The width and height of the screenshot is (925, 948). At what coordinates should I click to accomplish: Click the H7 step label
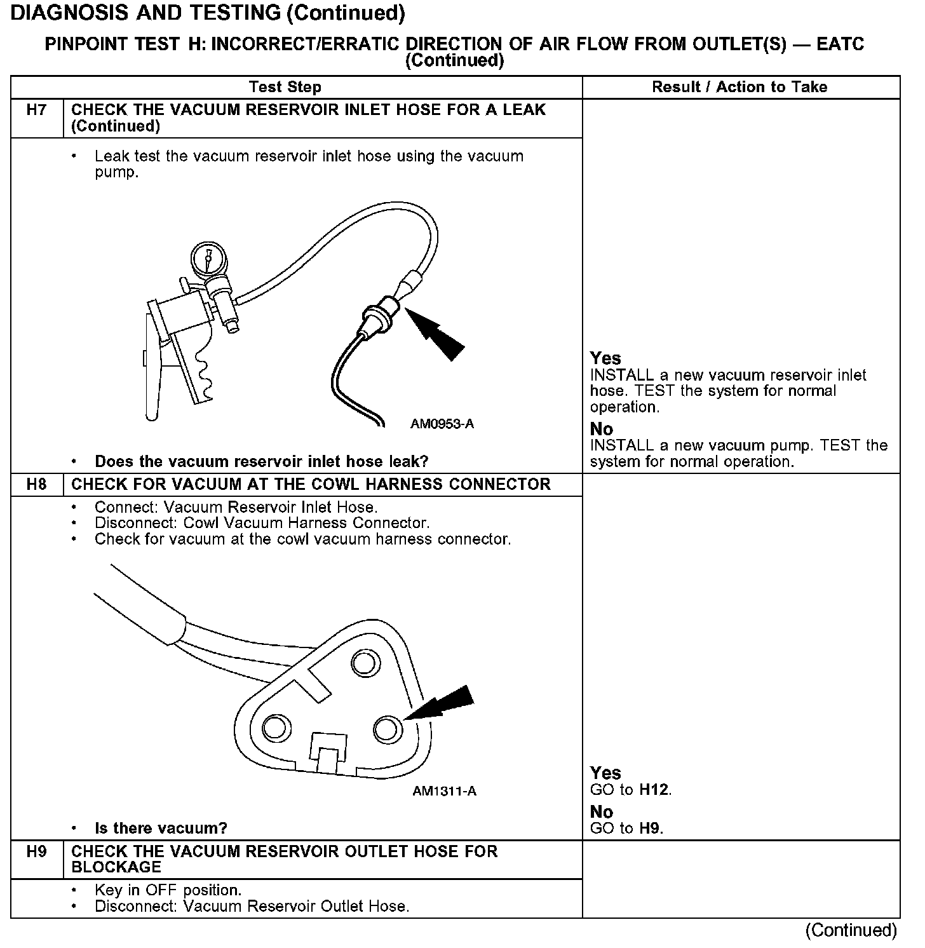click(x=37, y=110)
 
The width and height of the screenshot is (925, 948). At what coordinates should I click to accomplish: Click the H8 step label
click(x=37, y=485)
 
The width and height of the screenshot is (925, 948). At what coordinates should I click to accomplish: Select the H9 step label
click(x=37, y=851)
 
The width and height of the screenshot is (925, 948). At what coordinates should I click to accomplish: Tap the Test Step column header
click(x=285, y=87)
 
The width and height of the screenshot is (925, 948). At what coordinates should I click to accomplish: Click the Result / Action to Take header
click(x=739, y=87)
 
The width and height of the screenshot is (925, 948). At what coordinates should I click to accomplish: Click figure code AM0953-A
click(x=442, y=424)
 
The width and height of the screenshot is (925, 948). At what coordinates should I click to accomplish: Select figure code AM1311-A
click(x=445, y=791)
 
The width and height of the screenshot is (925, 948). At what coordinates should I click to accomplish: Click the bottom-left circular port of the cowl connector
click(x=274, y=726)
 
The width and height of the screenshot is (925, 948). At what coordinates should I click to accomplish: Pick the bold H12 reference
click(x=654, y=790)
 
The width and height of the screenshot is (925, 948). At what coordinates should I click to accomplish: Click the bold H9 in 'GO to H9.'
click(x=651, y=828)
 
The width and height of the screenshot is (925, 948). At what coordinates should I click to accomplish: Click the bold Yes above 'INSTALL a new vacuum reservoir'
click(x=605, y=358)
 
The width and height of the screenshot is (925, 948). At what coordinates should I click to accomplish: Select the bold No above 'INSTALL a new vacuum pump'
click(x=602, y=429)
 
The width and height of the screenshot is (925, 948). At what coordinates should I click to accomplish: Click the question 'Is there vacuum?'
click(x=161, y=828)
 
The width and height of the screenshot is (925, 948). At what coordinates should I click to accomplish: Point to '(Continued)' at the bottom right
click(x=851, y=930)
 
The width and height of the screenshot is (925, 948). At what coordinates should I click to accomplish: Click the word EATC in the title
click(x=840, y=44)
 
